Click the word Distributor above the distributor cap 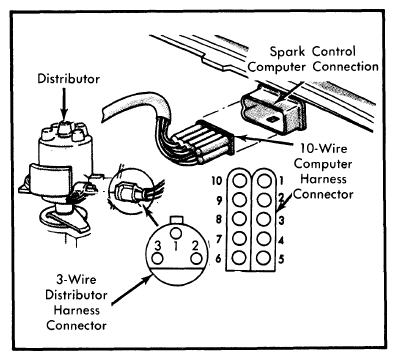68,79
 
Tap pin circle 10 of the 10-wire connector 239,181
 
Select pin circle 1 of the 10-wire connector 264,181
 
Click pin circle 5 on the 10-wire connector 264,258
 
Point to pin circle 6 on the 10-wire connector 239,258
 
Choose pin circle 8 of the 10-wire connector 239,219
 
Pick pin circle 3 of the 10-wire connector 264,219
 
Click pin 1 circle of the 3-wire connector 176,232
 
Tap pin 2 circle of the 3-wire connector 196,259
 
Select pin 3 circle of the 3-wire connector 157,259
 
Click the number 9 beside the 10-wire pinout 219,201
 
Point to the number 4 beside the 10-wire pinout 281,240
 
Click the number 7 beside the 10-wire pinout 219,239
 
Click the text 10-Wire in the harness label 323,148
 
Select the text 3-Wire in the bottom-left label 76,279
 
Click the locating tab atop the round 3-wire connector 176,219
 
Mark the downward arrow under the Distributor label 64,104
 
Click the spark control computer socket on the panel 273,111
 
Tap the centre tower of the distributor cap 65,127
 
